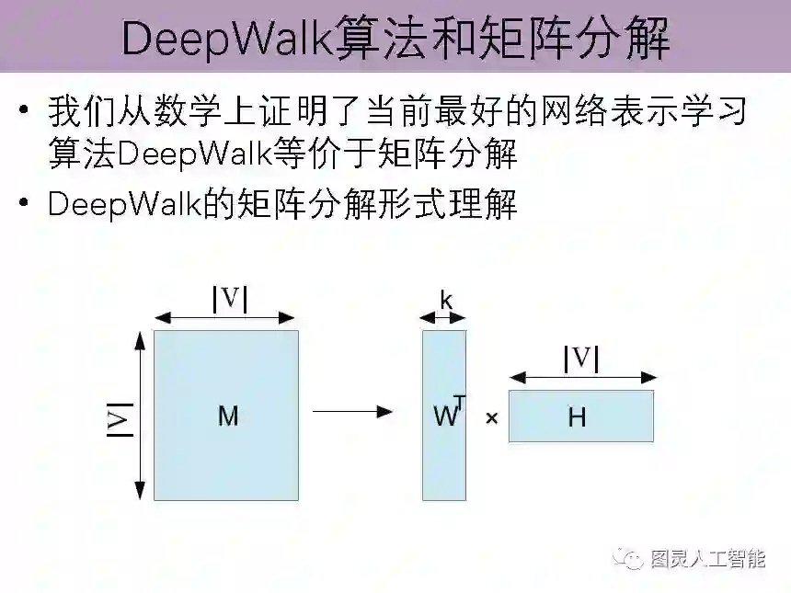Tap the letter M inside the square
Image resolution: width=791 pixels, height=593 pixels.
228,416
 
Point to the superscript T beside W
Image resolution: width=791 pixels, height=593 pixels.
460,403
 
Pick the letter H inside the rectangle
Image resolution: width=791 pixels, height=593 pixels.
577,417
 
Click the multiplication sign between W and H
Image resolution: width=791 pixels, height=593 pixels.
491,418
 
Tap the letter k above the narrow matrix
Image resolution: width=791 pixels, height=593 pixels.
446,300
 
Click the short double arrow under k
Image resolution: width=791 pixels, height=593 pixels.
443,317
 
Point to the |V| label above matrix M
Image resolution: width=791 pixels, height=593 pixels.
230,298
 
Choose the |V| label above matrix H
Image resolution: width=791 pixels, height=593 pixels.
581,359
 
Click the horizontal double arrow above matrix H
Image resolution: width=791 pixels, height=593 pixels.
583,377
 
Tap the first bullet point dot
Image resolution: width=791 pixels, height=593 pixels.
23,113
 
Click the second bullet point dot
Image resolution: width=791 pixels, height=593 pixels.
23,204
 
